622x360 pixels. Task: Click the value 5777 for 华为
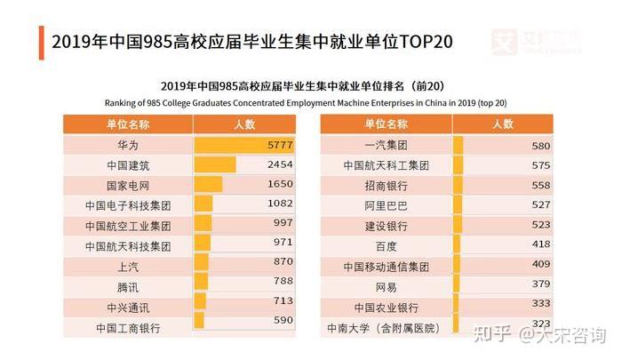[280, 145]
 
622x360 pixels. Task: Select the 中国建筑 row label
[128, 165]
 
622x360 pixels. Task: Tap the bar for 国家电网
[208, 184]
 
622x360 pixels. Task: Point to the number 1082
[280, 204]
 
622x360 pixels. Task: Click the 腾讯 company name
[128, 287]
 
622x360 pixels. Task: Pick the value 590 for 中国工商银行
[283, 320]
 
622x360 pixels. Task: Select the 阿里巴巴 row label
[386, 206]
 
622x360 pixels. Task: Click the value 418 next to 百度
[541, 244]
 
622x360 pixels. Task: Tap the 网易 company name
[386, 287]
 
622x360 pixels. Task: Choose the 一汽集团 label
[386, 145]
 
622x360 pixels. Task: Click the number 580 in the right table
[541, 146]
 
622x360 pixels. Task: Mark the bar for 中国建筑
[215, 164]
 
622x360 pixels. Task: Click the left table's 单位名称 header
[128, 124]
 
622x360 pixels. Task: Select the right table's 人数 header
[503, 124]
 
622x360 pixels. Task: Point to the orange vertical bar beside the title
[41, 43]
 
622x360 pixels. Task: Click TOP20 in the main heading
[426, 42]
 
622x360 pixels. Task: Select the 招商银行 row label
[386, 186]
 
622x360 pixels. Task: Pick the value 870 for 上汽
[283, 261]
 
